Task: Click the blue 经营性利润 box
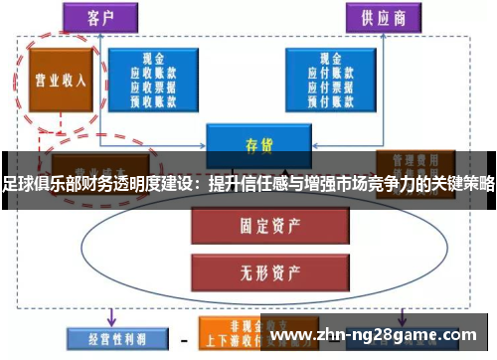coord(107,339)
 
